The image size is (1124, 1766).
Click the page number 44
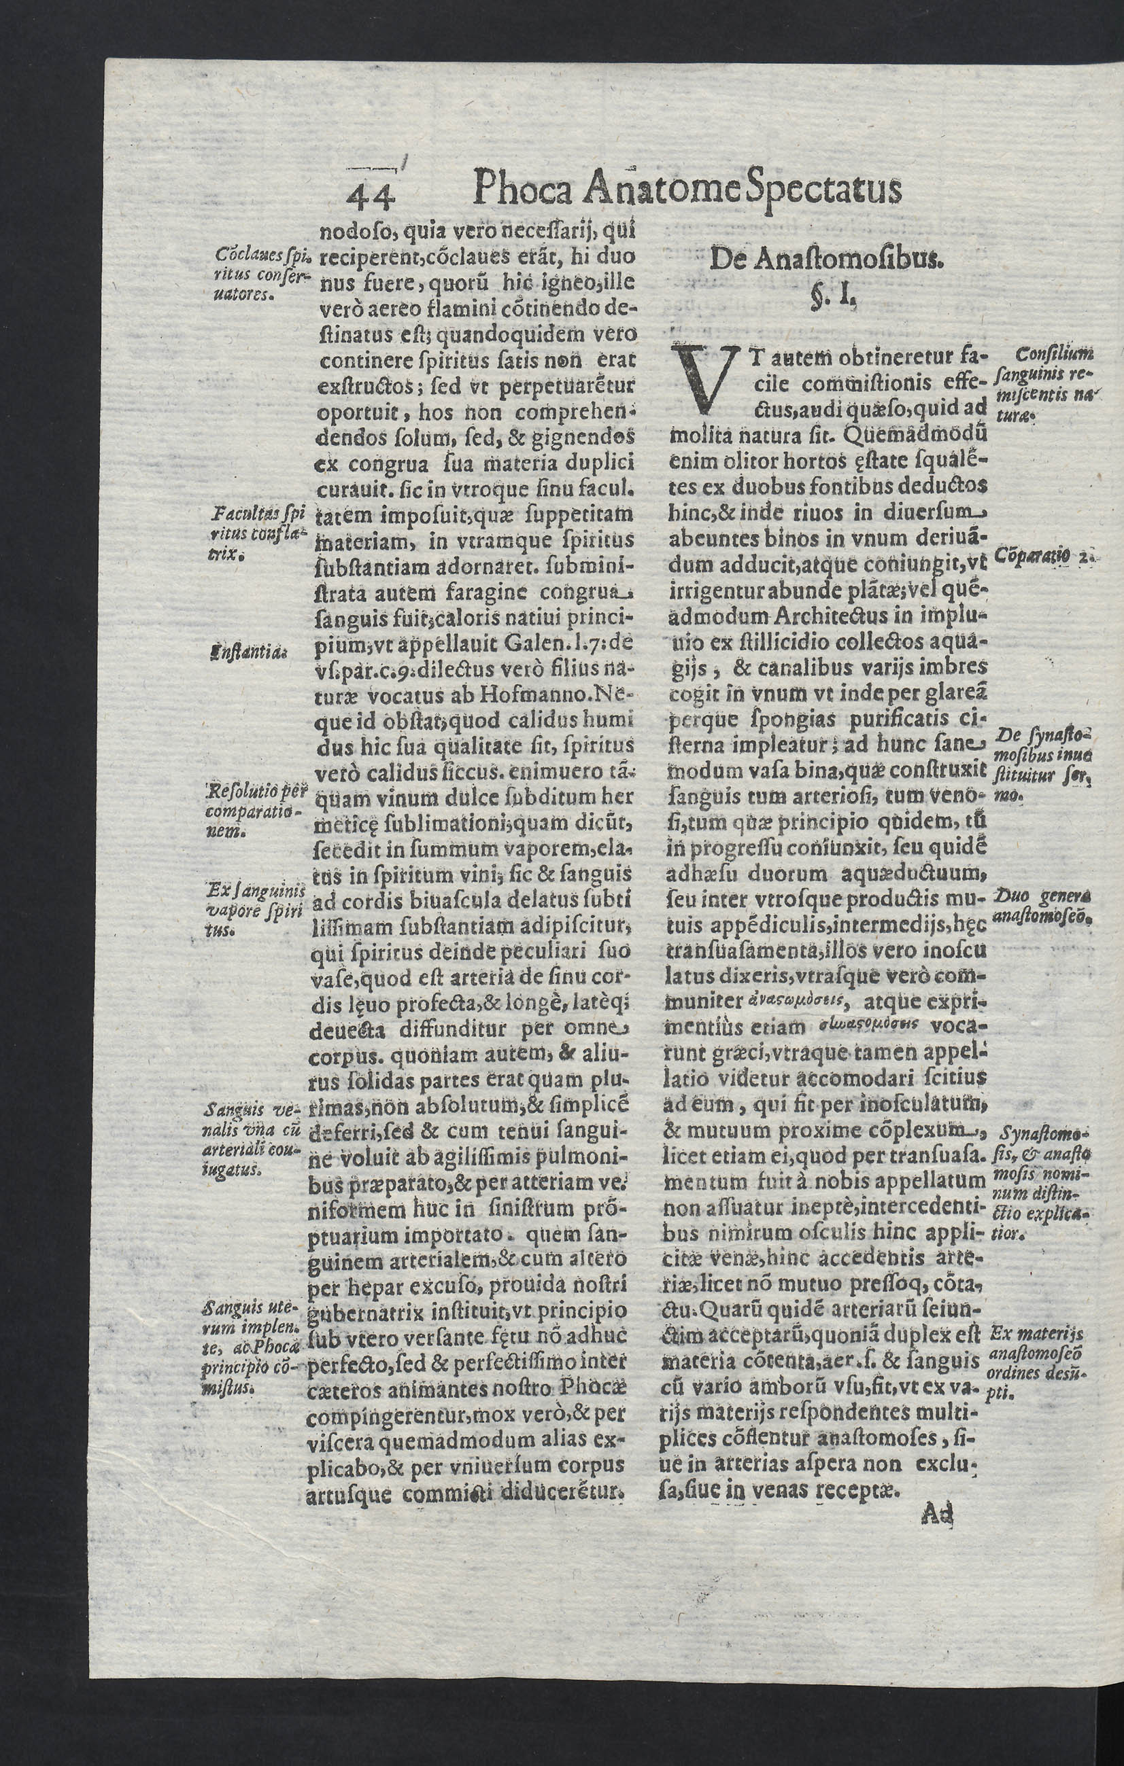click(x=372, y=196)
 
